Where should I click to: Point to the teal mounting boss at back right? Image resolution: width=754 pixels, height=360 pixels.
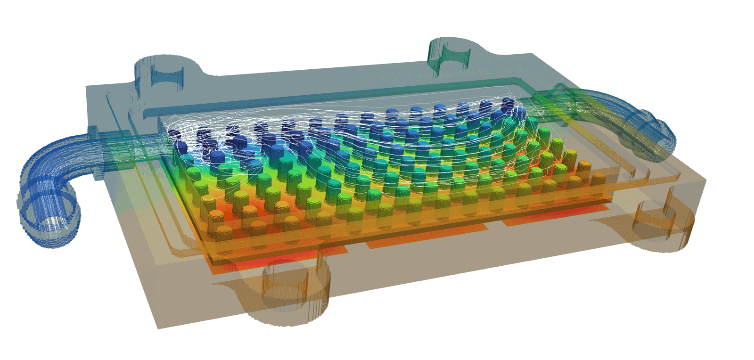click(x=450, y=54)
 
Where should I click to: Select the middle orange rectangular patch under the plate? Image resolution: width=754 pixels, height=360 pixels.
click(x=424, y=236)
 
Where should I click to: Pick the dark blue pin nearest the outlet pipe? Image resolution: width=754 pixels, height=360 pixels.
click(x=518, y=112)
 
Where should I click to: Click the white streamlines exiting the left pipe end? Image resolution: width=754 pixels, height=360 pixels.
click(x=54, y=226)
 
